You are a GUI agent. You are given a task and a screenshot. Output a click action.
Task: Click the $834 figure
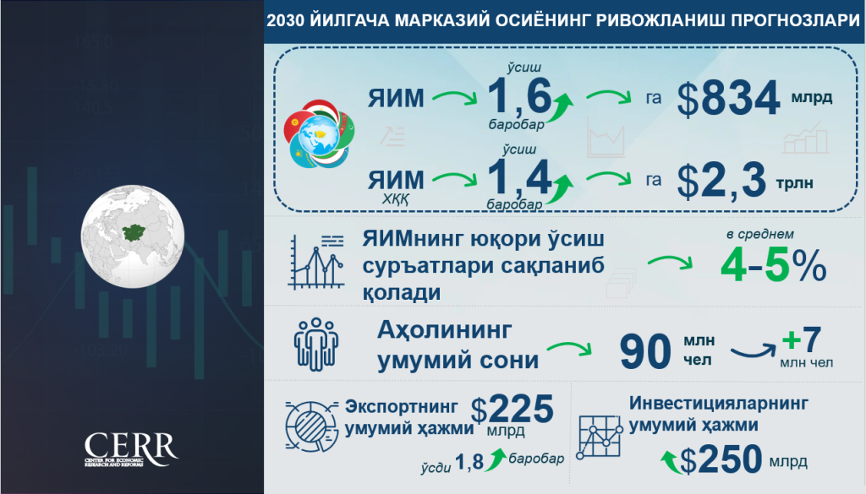tap(728, 99)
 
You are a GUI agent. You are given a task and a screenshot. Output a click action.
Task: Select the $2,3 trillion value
tap(721, 180)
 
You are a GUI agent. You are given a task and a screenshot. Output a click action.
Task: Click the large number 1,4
tap(519, 177)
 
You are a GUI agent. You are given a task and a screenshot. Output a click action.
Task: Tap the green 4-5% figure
tap(773, 266)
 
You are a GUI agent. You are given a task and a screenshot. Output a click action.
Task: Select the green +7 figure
tap(802, 339)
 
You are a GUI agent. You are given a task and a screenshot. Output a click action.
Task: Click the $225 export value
tap(512, 410)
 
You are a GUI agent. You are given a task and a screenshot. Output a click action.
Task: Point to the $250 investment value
tap(721, 459)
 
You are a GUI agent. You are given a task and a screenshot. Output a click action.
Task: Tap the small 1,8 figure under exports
tap(469, 462)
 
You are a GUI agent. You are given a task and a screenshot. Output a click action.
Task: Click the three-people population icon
tap(315, 344)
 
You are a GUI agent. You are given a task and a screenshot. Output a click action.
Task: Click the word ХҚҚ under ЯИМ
tap(396, 199)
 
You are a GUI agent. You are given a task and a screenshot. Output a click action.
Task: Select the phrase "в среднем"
tap(760, 234)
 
